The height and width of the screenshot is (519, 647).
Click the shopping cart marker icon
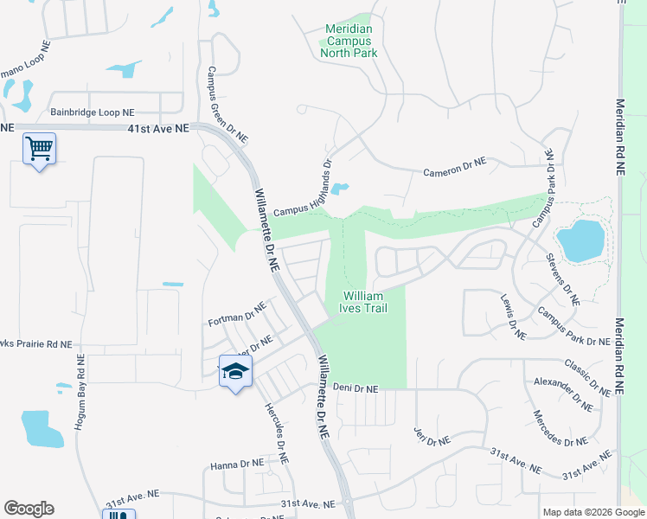(x=39, y=149)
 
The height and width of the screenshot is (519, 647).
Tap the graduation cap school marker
(x=235, y=372)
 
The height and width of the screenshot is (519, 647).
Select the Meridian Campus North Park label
(x=349, y=41)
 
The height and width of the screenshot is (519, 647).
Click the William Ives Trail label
(x=363, y=301)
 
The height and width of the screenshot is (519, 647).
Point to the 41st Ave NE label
(x=157, y=128)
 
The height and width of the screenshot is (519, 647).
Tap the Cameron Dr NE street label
(x=454, y=166)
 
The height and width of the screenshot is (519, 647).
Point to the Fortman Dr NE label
(x=237, y=314)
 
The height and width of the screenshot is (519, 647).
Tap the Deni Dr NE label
(x=356, y=389)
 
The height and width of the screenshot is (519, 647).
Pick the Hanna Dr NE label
(x=237, y=465)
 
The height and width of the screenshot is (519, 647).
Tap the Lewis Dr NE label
(x=513, y=315)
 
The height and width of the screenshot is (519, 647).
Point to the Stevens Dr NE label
(x=563, y=279)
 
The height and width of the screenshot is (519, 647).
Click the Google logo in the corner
(x=29, y=509)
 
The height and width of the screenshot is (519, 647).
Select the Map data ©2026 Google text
(x=593, y=512)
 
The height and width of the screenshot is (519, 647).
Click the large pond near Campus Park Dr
(x=580, y=240)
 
